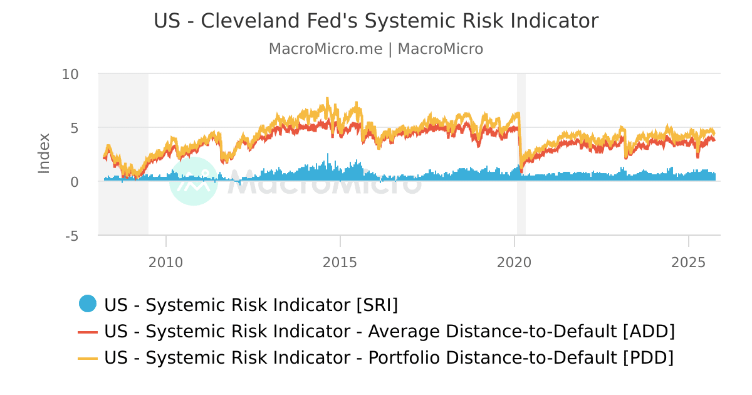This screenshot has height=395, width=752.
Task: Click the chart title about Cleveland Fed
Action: [x=376, y=21]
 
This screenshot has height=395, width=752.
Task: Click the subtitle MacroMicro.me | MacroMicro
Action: [x=376, y=49]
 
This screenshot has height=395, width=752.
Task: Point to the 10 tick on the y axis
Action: [x=70, y=74]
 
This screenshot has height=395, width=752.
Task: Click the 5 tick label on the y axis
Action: [x=74, y=128]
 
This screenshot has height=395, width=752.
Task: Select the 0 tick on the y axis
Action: [x=74, y=182]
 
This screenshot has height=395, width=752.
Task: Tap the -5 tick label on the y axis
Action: [x=71, y=236]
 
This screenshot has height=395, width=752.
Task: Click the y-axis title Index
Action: [x=44, y=153]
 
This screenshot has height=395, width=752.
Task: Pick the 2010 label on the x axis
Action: [x=166, y=261]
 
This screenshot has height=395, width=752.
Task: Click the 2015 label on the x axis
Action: [x=340, y=261]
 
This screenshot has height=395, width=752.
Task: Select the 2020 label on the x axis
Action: [x=514, y=261]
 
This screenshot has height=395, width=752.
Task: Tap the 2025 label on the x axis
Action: [x=689, y=261]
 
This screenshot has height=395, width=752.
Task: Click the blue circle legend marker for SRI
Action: [x=88, y=304]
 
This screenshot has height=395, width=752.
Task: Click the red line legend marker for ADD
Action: [x=88, y=332]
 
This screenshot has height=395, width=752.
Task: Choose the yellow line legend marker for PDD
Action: [x=88, y=358]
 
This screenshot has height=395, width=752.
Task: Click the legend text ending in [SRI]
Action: [x=251, y=305]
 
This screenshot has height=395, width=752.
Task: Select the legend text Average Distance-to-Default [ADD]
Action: [x=389, y=332]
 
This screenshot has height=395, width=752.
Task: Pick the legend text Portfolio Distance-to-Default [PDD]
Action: [x=389, y=358]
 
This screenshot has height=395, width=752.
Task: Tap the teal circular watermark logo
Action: [x=194, y=181]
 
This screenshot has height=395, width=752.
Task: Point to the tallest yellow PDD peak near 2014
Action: [x=327, y=100]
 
